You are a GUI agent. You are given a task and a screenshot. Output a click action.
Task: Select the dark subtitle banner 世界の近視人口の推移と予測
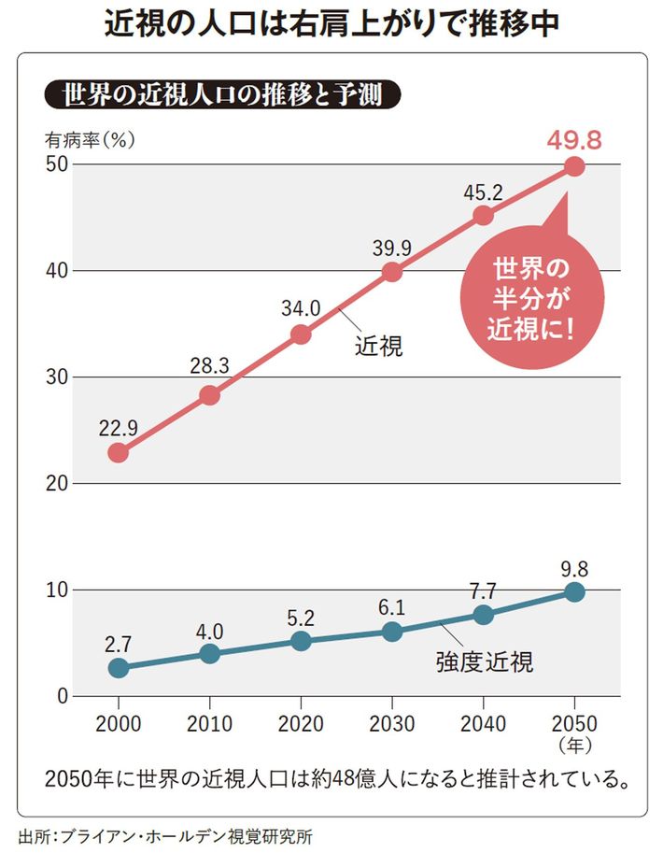point(223,95)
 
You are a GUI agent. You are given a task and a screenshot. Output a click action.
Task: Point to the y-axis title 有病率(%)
point(91,139)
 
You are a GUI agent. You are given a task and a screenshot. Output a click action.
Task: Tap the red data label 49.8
point(573,140)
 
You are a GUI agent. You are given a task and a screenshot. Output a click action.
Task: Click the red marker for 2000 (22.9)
point(119,452)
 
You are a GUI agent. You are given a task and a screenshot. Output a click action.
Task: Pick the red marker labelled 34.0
point(301,334)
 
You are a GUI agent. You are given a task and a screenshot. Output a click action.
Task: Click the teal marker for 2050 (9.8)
point(574,591)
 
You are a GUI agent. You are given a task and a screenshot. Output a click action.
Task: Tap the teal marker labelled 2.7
point(119,667)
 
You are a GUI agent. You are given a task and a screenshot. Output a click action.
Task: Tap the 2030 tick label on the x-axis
point(392,724)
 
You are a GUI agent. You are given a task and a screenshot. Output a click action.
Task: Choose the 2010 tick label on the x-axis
point(209,724)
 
